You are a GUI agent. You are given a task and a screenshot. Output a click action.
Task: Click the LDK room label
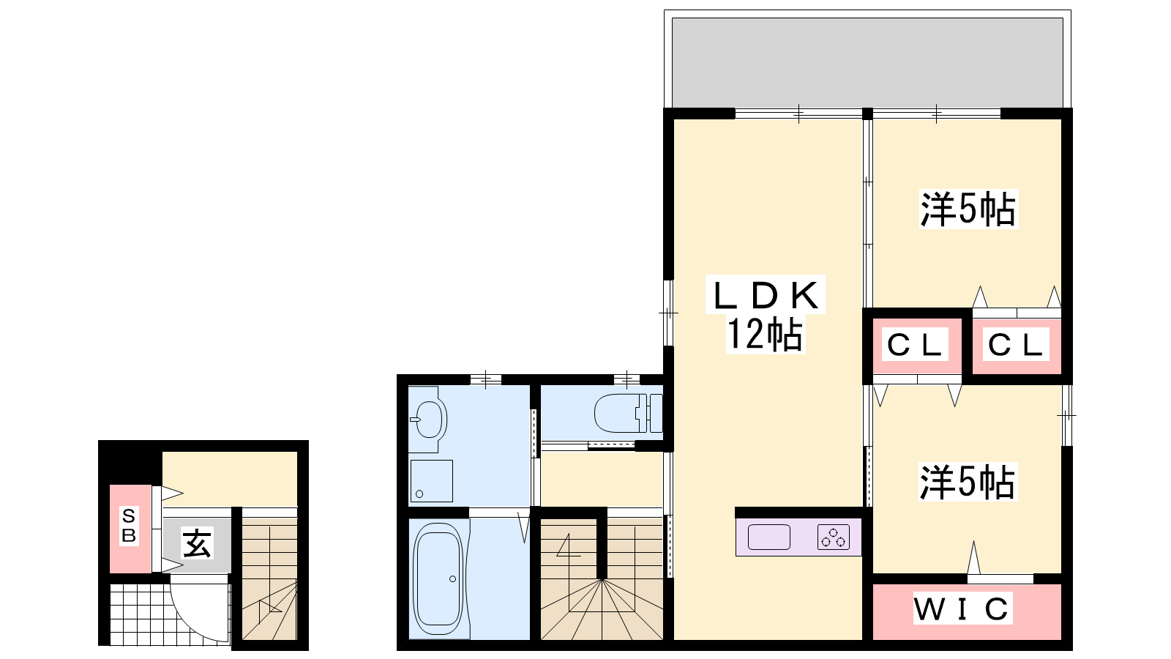(x=765, y=295)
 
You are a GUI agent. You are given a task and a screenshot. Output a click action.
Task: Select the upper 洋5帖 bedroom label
(x=968, y=209)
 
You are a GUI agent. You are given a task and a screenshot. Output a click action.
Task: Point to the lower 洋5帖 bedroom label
(x=968, y=482)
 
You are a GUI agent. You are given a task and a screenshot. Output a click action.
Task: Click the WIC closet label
(x=961, y=608)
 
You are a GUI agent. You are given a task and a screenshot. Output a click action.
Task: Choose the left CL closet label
(x=914, y=345)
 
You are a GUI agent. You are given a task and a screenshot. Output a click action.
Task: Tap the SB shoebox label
(x=129, y=526)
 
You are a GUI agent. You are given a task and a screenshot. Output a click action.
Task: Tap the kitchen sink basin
(x=768, y=537)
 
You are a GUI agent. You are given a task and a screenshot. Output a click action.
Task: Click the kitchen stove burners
(x=834, y=537)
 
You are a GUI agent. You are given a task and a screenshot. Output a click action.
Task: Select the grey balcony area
(x=867, y=63)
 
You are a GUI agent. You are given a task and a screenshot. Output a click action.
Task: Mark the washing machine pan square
(x=431, y=481)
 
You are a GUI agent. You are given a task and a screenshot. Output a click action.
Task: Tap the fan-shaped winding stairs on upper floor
(x=602, y=609)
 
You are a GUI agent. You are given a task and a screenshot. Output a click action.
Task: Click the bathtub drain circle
(x=453, y=579)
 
